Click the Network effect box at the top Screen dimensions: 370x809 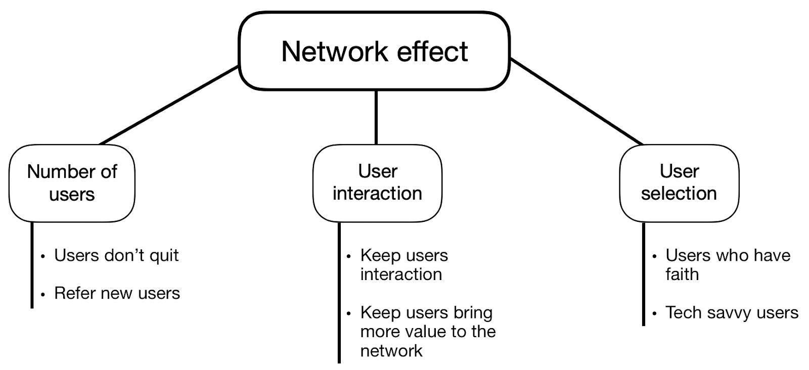[x=374, y=51]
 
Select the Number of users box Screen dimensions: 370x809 [x=72, y=183]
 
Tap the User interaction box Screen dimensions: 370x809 [x=377, y=182]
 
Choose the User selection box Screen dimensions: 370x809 [x=679, y=182]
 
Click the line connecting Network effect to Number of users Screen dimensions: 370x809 [x=169, y=105]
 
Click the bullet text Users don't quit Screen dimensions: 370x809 [x=116, y=255]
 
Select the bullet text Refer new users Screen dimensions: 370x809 [x=117, y=293]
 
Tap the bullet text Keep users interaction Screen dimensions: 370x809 [x=403, y=265]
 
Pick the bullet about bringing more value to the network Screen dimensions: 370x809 [x=427, y=331]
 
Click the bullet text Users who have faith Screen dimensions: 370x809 [x=727, y=264]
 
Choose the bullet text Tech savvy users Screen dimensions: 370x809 [x=732, y=312]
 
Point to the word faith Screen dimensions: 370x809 [x=682, y=274]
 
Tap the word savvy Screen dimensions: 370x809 [x=731, y=313]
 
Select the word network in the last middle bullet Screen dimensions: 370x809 [x=391, y=350]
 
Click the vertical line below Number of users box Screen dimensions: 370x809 [x=32, y=265]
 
